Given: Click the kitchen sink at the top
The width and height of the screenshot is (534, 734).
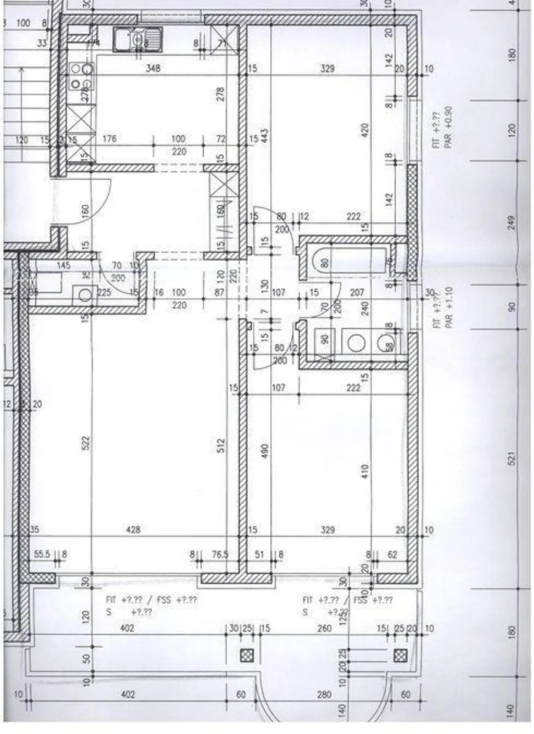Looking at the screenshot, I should pos(138,39).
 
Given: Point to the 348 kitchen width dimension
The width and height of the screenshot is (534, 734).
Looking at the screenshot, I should pos(153,69).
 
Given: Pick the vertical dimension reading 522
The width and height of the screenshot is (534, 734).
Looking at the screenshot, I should pos(86,444).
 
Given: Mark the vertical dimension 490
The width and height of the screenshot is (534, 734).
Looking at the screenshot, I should pos(265,451).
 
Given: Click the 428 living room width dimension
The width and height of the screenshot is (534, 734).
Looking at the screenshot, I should pos(133,529).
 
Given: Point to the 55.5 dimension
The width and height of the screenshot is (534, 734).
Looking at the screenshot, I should pos(42,554).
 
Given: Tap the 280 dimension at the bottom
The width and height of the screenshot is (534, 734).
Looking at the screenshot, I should pos(324,694).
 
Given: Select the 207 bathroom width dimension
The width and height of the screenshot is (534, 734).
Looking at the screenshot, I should pos(357,293).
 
